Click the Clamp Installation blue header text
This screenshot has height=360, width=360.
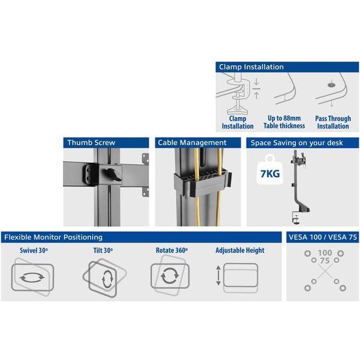[251, 67]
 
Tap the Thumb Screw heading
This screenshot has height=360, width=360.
[91, 143]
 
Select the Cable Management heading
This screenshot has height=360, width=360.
[192, 143]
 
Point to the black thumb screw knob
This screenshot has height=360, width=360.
[113, 175]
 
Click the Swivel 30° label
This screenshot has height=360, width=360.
[34, 250]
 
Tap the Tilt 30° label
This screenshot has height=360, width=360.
[103, 250]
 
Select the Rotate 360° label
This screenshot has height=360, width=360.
[172, 250]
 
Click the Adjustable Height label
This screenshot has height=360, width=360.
[240, 250]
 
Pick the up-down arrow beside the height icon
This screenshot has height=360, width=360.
[218, 275]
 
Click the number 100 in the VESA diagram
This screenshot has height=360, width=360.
[325, 253]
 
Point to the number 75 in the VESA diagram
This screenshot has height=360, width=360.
[325, 260]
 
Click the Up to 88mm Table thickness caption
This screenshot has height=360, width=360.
[284, 122]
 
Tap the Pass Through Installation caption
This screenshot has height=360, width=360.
[333, 122]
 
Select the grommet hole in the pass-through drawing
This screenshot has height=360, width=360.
[331, 85]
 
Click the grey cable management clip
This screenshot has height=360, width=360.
[202, 182]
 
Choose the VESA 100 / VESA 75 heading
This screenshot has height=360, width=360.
[323, 237]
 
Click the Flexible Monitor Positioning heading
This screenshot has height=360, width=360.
[53, 237]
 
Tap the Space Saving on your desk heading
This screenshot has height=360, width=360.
[296, 143]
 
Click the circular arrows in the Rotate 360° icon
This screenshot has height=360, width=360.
[170, 276]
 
